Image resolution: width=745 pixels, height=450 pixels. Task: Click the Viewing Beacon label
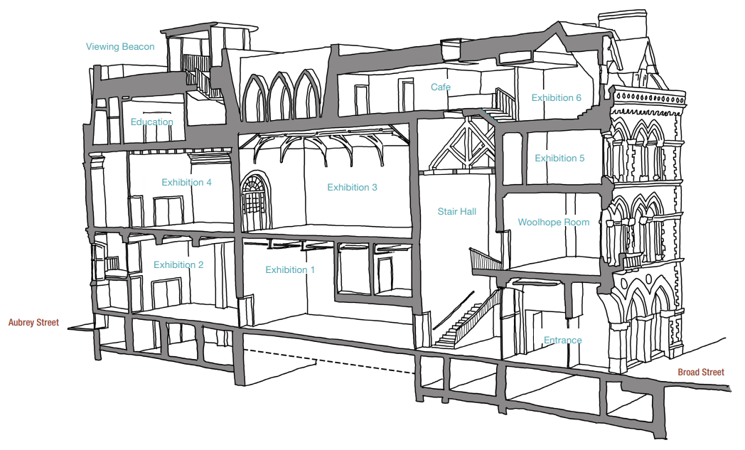[x=120, y=47]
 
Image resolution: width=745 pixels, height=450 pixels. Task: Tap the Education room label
[x=151, y=122]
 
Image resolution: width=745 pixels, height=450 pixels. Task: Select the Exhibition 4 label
[x=186, y=183]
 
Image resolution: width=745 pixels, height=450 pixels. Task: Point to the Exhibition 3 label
[x=352, y=187]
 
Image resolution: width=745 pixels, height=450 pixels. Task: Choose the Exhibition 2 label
[x=178, y=264]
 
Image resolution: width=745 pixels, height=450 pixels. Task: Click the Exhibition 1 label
[x=290, y=270]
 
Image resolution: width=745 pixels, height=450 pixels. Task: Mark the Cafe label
[x=441, y=87]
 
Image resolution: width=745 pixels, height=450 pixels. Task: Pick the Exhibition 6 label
[x=556, y=98]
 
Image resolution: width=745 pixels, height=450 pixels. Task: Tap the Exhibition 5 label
[x=559, y=159]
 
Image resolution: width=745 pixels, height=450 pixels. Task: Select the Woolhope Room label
[x=554, y=222]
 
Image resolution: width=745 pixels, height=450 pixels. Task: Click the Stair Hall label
[x=456, y=211]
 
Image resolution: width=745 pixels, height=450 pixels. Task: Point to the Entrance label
[x=562, y=341]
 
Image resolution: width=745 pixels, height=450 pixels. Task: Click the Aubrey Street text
[x=33, y=323]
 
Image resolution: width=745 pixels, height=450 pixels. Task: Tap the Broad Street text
[x=701, y=372]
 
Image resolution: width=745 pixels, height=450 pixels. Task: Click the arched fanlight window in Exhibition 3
[x=255, y=202]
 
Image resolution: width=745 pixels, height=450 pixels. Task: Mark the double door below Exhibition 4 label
[x=168, y=211]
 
